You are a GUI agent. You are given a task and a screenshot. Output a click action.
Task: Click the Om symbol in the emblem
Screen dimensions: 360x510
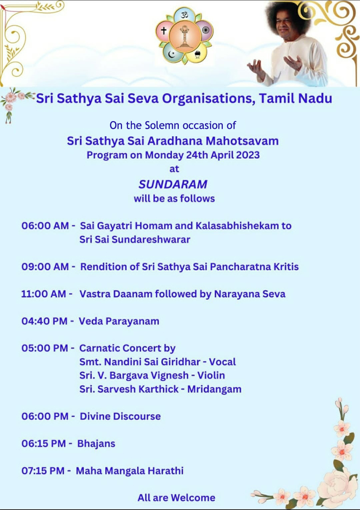click(184, 15)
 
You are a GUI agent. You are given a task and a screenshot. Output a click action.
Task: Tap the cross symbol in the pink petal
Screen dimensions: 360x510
click(164, 30)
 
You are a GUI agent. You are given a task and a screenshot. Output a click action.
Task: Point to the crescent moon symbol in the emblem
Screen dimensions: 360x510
click(171, 54)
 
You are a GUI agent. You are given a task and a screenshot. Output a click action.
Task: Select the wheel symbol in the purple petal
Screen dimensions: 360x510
click(206, 30)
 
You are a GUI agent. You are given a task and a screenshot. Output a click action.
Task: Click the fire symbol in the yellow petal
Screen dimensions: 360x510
click(197, 54)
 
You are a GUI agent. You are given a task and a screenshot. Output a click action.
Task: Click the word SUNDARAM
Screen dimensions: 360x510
click(173, 184)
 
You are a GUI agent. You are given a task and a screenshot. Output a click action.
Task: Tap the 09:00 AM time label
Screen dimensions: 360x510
click(45, 267)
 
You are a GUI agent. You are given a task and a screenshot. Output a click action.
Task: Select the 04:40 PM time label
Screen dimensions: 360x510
click(44, 321)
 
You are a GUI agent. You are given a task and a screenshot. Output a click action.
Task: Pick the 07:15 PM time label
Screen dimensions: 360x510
click(43, 470)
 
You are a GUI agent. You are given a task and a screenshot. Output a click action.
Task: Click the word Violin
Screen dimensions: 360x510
click(211, 375)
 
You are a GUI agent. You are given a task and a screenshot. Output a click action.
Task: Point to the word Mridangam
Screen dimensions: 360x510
click(214, 389)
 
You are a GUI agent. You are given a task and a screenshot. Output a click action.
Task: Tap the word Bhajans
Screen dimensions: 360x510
click(96, 444)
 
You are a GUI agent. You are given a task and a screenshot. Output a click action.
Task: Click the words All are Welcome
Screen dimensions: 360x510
click(176, 498)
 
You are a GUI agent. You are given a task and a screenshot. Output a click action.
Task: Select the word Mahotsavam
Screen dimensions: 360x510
click(242, 141)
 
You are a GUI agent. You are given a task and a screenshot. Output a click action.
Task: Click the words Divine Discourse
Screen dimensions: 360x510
click(120, 416)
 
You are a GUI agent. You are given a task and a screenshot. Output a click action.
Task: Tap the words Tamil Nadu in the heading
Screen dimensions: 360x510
click(295, 98)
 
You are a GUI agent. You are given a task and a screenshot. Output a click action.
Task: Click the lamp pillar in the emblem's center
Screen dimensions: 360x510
click(184, 36)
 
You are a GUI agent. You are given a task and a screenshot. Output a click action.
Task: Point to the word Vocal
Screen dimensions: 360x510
click(222, 362)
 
